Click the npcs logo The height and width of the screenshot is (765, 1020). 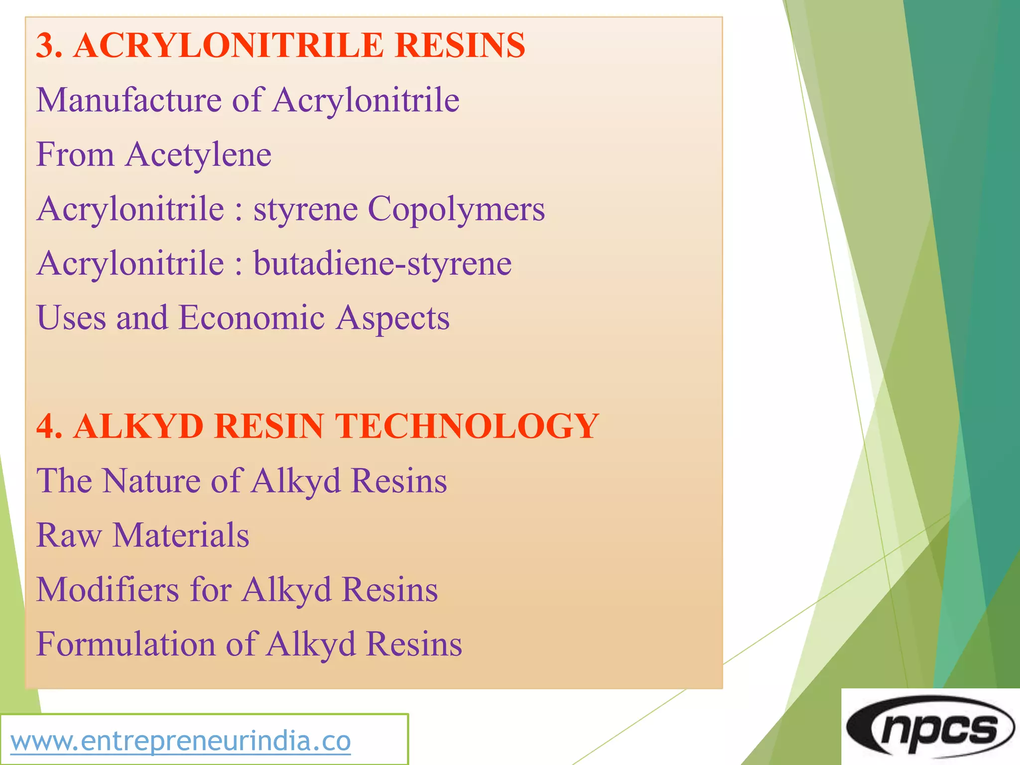click(x=930, y=727)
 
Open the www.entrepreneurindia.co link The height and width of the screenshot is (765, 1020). click(x=181, y=741)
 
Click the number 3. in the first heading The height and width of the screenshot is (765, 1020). click(x=49, y=46)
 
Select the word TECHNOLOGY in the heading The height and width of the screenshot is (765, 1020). click(x=466, y=426)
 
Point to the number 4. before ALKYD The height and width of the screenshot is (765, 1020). click(x=49, y=426)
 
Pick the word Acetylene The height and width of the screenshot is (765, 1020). click(x=198, y=155)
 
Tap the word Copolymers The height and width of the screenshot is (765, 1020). click(x=456, y=209)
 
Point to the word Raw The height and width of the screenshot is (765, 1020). click(x=69, y=535)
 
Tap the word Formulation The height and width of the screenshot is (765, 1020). click(x=126, y=644)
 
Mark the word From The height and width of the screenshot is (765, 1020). click(x=75, y=154)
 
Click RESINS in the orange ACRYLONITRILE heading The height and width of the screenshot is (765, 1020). click(x=460, y=46)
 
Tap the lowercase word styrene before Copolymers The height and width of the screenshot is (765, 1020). click(x=305, y=210)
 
